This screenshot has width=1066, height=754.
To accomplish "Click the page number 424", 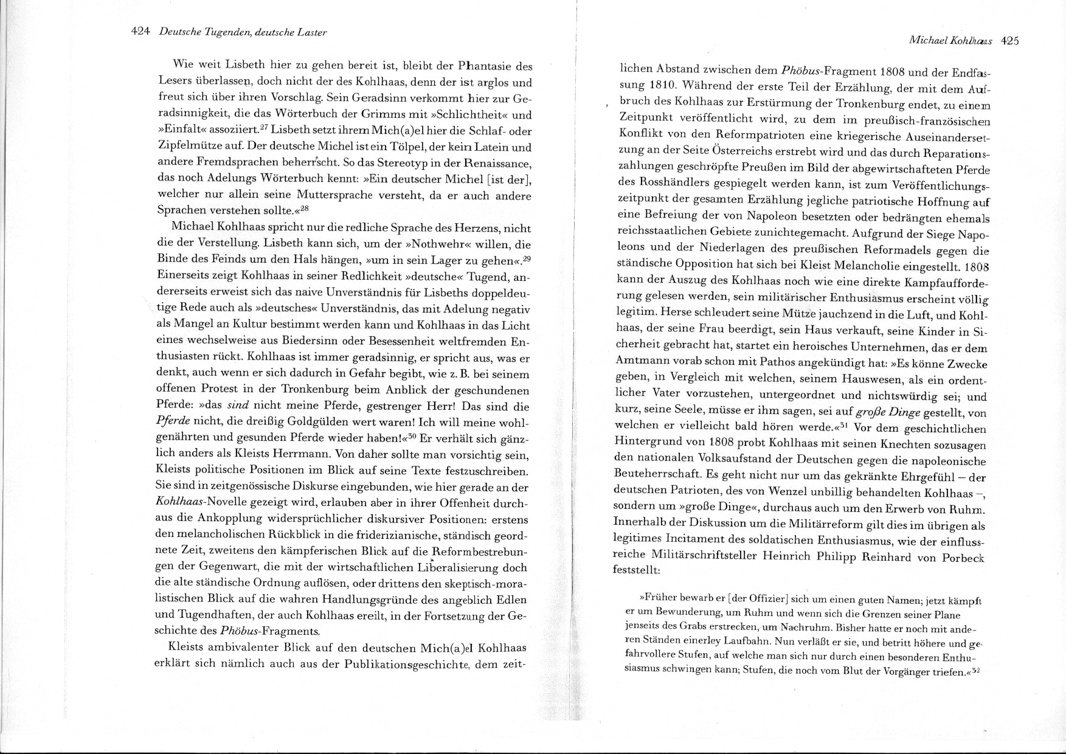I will click(140, 32).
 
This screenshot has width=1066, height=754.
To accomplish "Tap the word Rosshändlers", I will click(666, 183).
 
